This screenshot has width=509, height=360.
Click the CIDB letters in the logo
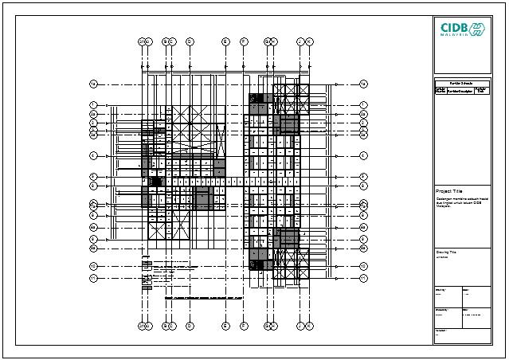(453, 29)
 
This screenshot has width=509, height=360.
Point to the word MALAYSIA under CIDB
(454, 37)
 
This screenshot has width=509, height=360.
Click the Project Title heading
(448, 192)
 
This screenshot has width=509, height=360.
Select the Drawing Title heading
(447, 252)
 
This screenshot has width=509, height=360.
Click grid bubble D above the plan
(190, 41)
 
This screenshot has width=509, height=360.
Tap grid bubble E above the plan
(225, 41)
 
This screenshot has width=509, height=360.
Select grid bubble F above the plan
(245, 41)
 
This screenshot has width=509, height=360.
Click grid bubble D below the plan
(190, 326)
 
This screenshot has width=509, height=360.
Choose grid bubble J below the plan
(300, 326)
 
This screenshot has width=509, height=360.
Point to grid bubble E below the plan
(225, 326)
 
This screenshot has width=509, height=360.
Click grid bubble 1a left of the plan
(93, 84)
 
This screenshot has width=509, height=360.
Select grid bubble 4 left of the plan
(93, 155)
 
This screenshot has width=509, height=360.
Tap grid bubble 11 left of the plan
(93, 279)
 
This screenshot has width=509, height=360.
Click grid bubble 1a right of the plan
(362, 84)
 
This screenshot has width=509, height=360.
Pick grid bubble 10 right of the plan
(362, 266)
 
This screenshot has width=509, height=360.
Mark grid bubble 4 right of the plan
(362, 155)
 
